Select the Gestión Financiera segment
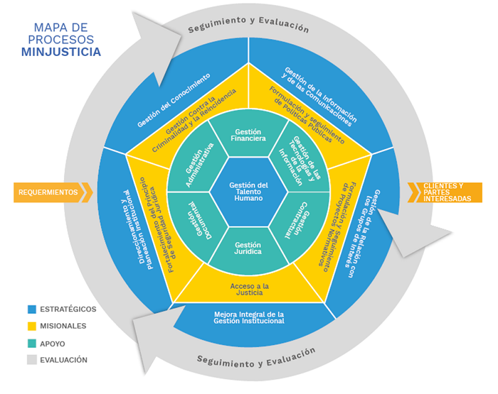tap(248, 135)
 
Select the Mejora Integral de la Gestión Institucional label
tap(248, 318)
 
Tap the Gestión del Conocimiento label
tap(173, 101)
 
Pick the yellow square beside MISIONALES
tap(32, 326)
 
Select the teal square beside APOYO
tap(32, 343)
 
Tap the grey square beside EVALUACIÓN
tap(32, 360)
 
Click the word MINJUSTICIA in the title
tap(60, 52)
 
